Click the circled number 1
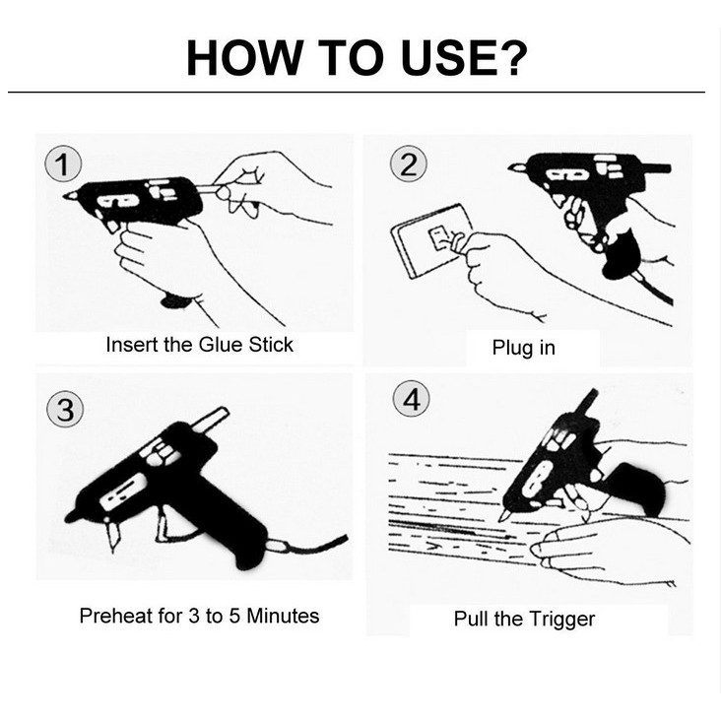click(63, 164)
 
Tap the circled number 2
click(409, 164)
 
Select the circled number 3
click(65, 409)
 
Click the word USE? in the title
click(464, 58)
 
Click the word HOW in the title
click(243, 58)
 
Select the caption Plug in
click(524, 348)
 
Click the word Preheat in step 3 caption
click(116, 616)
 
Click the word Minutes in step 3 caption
click(283, 616)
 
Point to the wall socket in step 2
click(432, 241)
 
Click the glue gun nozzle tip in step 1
click(64, 196)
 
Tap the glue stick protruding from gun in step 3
click(210, 420)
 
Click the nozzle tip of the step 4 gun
click(500, 520)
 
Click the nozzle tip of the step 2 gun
click(509, 168)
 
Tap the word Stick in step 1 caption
click(271, 345)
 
